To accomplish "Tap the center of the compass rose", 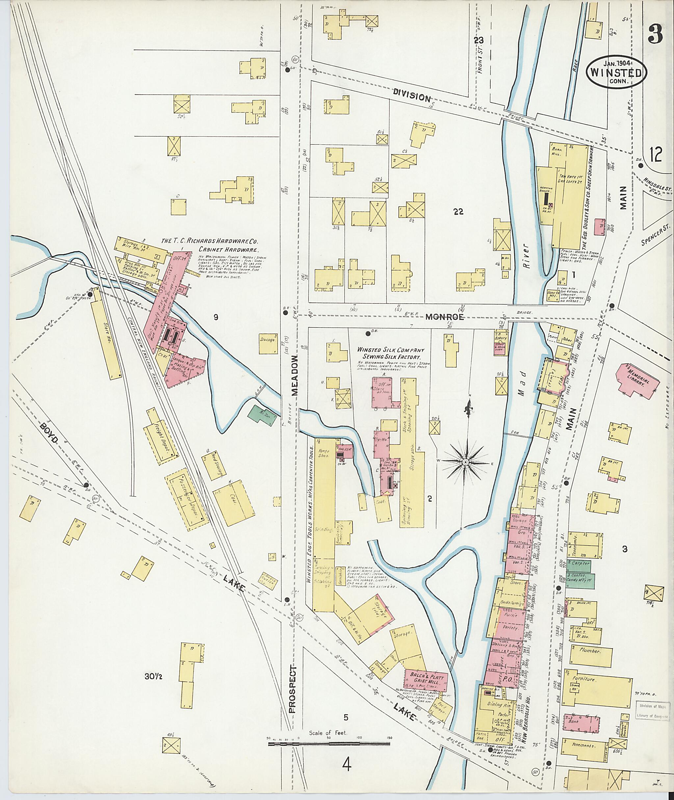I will pyautogui.click(x=465, y=463).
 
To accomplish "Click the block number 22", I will pyautogui.click(x=458, y=211).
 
